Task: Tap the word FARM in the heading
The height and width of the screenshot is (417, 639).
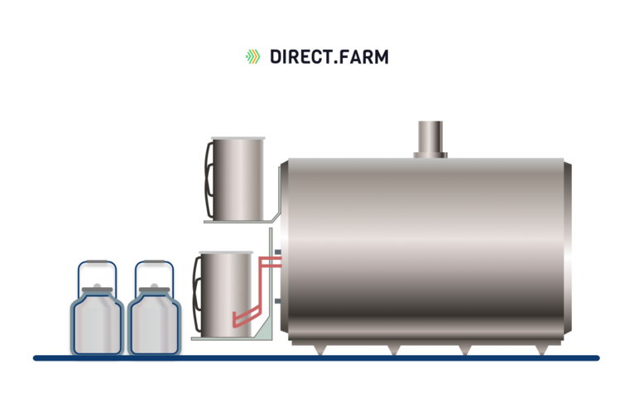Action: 365,56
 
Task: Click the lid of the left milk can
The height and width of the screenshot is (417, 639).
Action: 96,292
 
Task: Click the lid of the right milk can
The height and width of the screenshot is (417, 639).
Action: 154,292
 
